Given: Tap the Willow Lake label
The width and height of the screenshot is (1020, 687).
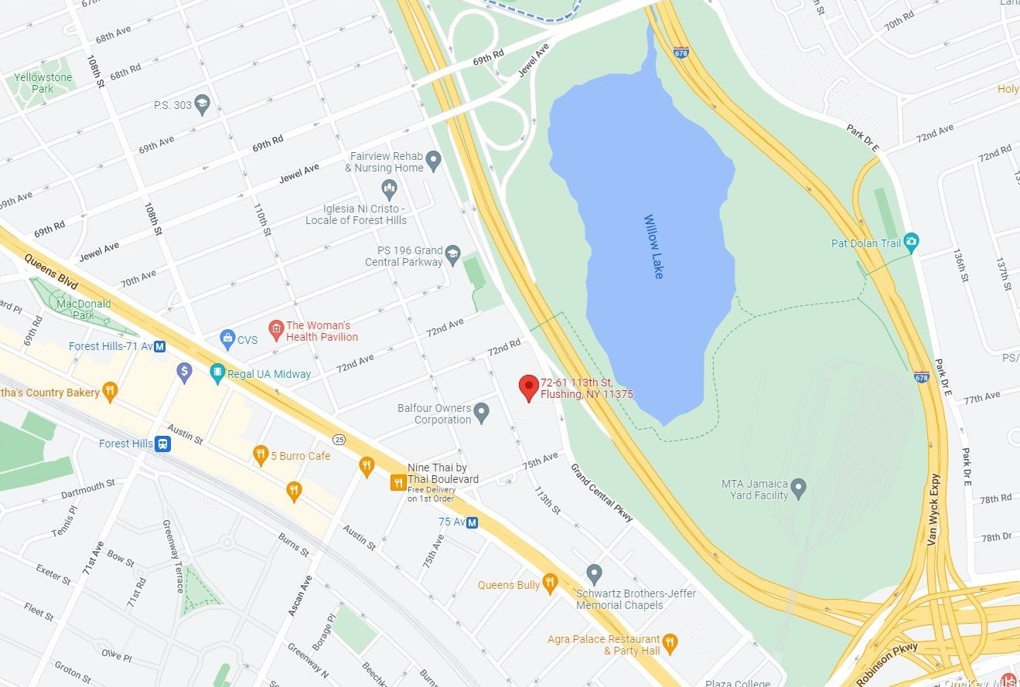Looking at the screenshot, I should (653, 247).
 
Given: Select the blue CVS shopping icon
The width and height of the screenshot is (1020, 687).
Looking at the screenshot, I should (227, 338).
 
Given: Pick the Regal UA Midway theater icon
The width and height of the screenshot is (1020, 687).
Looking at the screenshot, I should (217, 373).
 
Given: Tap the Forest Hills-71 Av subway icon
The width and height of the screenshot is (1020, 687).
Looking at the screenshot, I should (159, 346).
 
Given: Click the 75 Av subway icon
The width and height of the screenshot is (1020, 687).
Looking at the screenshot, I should (472, 522).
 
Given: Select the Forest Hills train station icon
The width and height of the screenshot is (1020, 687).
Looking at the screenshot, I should (162, 444).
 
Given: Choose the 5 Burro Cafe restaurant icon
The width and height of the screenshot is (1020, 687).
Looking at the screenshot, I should (261, 454).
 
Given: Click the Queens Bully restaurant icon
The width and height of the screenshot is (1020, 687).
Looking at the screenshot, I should (550, 583).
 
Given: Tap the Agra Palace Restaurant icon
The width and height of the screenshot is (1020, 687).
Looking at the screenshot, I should (670, 641).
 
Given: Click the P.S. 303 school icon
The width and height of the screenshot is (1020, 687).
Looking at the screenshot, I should (203, 104).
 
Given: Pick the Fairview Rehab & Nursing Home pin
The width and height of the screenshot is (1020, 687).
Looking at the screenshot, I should (434, 160).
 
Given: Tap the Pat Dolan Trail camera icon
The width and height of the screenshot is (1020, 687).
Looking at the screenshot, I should (911, 242).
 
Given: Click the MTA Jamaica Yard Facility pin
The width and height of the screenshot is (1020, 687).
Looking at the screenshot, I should (799, 488).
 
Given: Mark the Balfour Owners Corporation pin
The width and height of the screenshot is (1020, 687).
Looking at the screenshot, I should (482, 412).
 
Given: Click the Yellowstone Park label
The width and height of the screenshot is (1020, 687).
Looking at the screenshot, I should (43, 83).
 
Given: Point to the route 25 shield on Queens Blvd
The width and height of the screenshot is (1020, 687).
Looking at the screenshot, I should (339, 440).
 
